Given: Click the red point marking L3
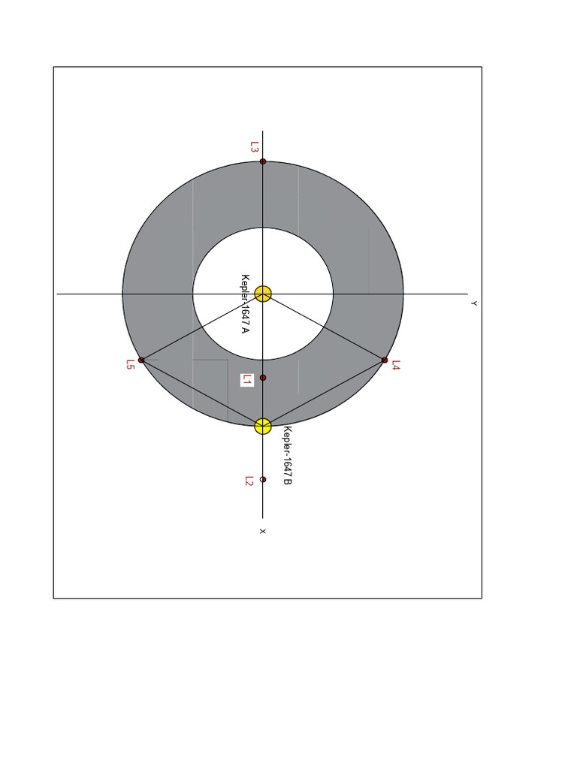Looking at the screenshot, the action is pyautogui.click(x=263, y=161).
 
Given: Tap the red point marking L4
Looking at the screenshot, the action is pyautogui.click(x=385, y=360).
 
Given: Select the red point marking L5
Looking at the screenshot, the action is pyautogui.click(x=141, y=360).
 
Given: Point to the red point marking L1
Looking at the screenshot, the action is pyautogui.click(x=263, y=378).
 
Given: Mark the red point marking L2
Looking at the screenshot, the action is pyautogui.click(x=263, y=479).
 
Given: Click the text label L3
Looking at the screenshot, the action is pyautogui.click(x=254, y=147).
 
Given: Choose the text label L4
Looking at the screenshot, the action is pyautogui.click(x=396, y=366).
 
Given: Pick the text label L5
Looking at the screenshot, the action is pyautogui.click(x=130, y=365).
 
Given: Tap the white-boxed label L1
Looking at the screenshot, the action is pyautogui.click(x=247, y=380).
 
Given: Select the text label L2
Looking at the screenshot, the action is pyautogui.click(x=249, y=481).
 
